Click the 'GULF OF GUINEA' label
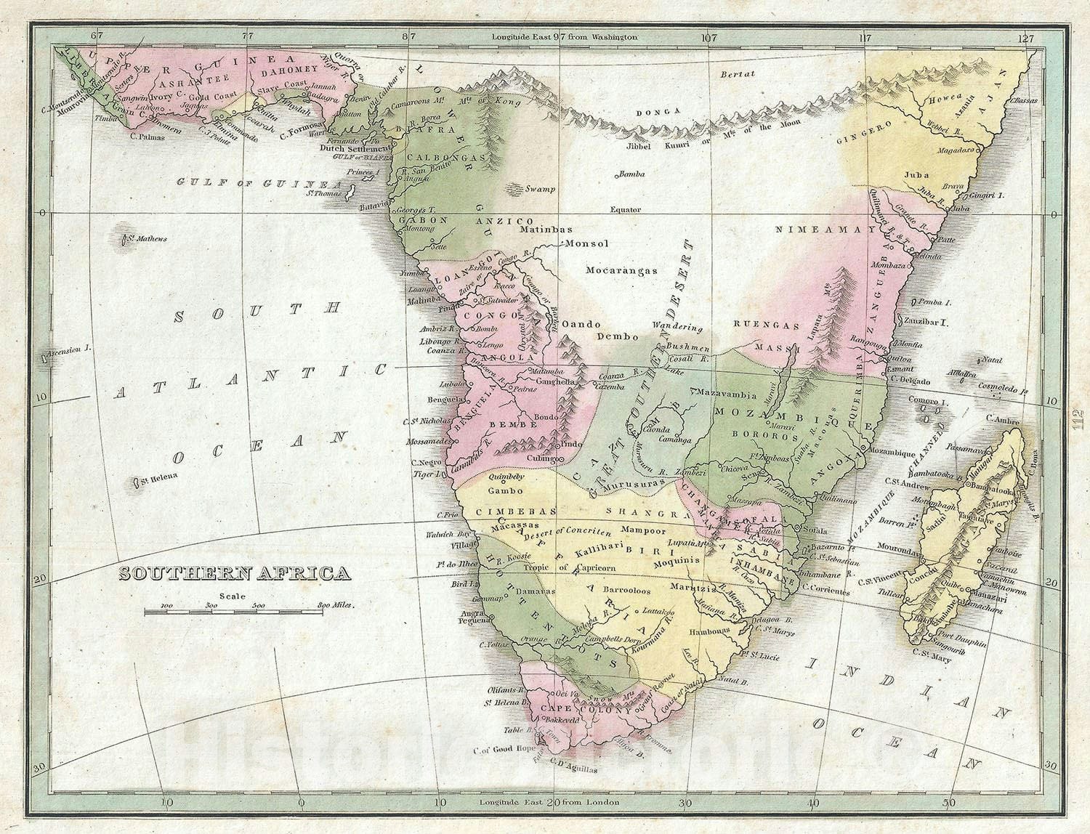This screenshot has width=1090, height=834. tap(251, 182)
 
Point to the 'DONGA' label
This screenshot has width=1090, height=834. tap(655, 112)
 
